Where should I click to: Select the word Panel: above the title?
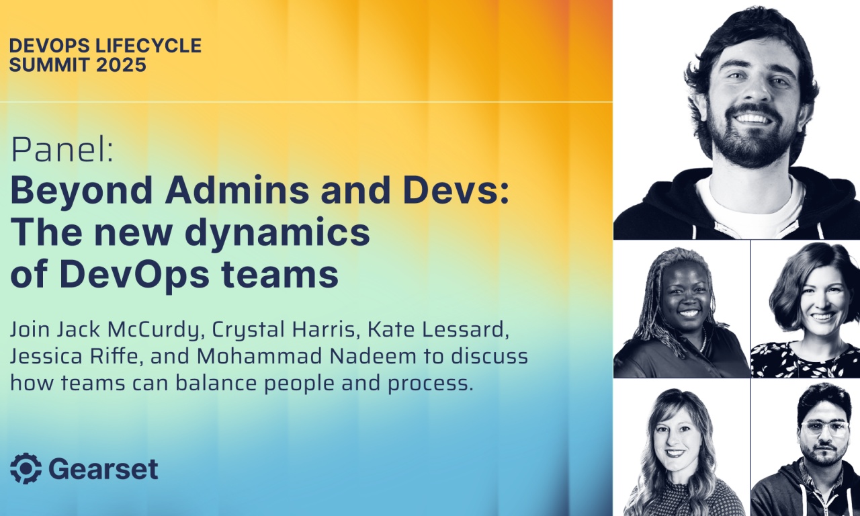click(x=62, y=153)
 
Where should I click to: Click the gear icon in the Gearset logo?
click(x=26, y=468)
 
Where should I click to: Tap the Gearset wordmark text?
click(x=103, y=469)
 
